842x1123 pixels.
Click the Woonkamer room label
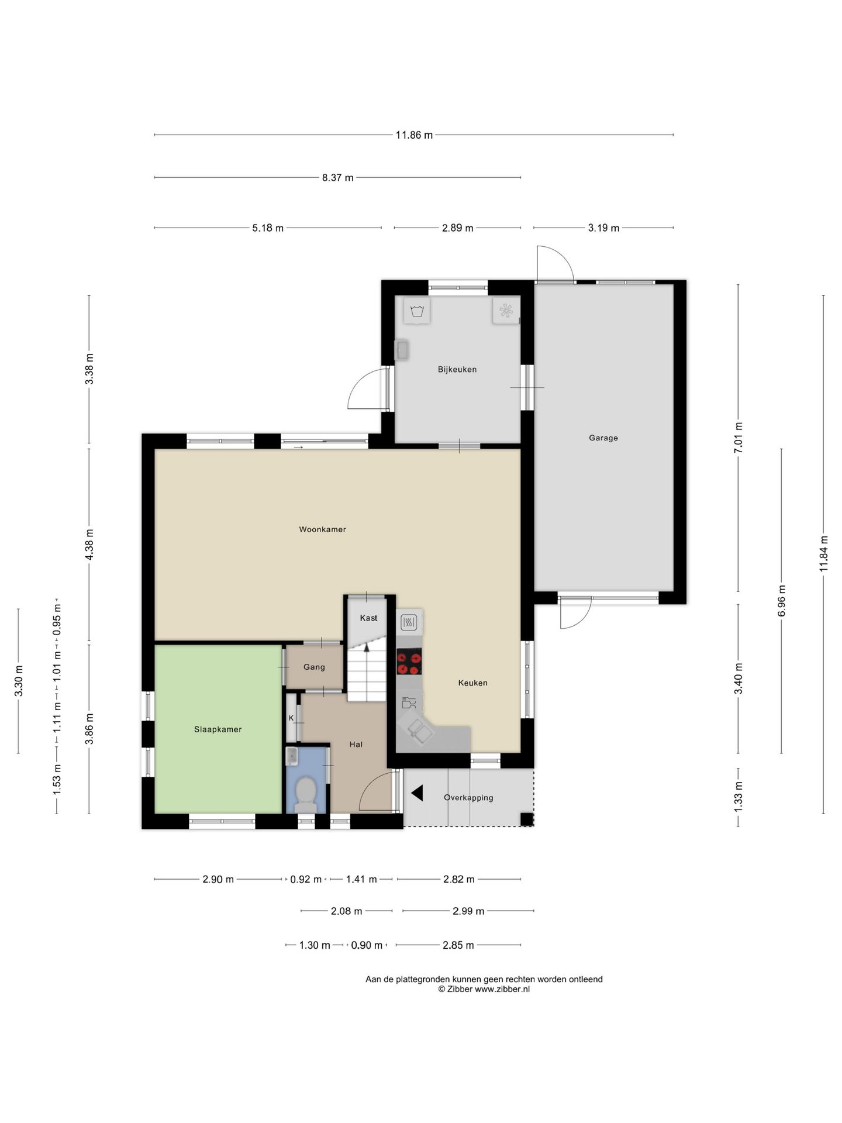[322, 529]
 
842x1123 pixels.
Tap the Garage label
[603, 438]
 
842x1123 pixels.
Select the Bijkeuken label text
[457, 369]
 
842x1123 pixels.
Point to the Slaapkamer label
[218, 729]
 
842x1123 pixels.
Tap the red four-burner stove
[409, 662]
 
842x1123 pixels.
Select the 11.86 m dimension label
[414, 135]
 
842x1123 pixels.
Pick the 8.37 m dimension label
[338, 177]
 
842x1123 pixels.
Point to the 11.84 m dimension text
[823, 553]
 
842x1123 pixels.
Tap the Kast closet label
[368, 618]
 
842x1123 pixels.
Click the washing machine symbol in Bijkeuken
[417, 311]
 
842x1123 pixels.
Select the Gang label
[314, 667]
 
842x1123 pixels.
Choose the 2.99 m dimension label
[468, 911]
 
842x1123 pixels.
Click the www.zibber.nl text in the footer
[502, 989]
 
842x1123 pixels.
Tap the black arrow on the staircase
[367, 647]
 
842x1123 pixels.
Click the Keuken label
[472, 683]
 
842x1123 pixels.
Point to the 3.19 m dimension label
[603, 228]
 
